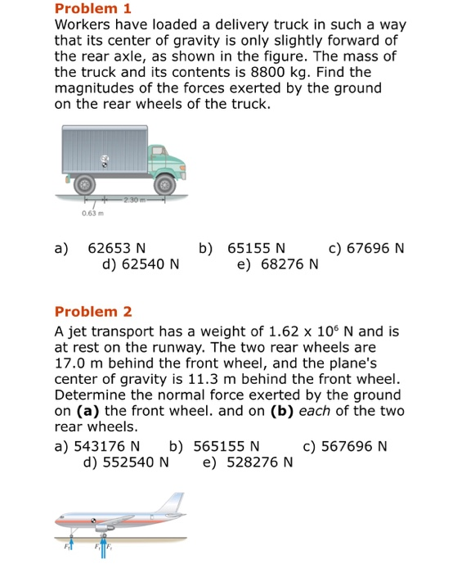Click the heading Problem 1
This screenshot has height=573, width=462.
coord(92,9)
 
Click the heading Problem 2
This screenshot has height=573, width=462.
coord(92,311)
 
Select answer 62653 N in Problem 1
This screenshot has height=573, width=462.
coord(117,248)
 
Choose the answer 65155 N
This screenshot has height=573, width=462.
coord(257,248)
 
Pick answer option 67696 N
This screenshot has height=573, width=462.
coord(375,248)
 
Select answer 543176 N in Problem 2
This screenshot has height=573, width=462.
coord(107,446)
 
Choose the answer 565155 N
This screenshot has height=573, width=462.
coord(227,446)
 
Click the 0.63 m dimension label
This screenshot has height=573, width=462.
coord(92,215)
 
